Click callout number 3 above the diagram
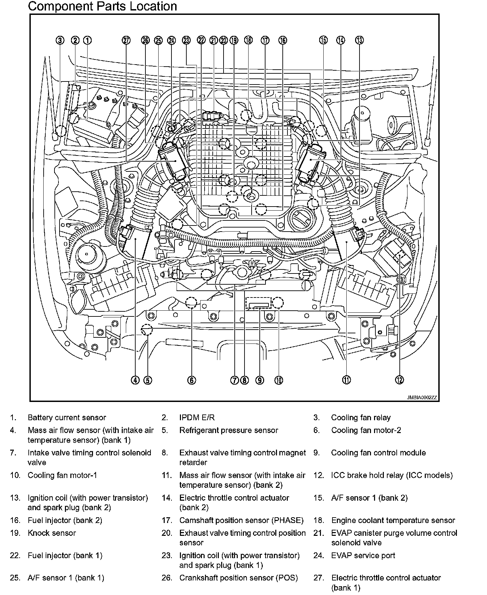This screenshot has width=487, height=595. pos(60,40)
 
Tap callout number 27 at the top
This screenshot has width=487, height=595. pos(126,40)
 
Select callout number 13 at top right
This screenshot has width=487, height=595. pos(359,40)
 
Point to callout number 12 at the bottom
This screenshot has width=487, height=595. pos(399,380)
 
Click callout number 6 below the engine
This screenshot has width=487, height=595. pos(191,380)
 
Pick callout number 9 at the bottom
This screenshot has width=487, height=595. pos(259,380)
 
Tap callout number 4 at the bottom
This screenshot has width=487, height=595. pos(135,380)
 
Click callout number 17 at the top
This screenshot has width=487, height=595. pos(265,40)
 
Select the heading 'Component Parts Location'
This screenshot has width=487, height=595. pos(102,6)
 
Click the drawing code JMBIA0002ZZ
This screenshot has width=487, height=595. pos(422,398)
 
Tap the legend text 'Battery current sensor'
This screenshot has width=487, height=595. pos(67,418)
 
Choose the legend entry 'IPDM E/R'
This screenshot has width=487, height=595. pos(197,418)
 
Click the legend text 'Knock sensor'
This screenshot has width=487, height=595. pos(52,533)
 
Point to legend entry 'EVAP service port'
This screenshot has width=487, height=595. pos(363,555)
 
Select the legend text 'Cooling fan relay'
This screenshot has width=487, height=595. pos(361,418)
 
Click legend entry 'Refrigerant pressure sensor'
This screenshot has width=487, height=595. pos(229,430)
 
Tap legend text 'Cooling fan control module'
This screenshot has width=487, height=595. pos(378,453)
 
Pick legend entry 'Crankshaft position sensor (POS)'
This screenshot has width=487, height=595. pos(238,578)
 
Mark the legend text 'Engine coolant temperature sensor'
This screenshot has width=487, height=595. pos(393,520)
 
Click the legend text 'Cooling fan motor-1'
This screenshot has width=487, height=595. pos(62,475)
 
